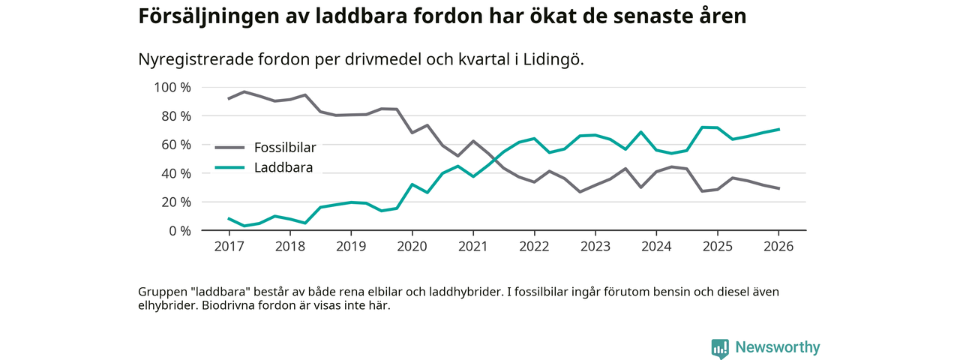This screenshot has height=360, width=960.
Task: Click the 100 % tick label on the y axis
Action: click(x=172, y=88)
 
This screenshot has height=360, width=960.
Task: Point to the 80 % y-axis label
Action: click(x=175, y=116)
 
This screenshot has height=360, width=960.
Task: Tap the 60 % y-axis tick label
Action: click(x=175, y=145)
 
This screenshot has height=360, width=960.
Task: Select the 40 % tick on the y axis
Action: click(x=175, y=173)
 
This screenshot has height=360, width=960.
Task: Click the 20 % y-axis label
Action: click(x=175, y=202)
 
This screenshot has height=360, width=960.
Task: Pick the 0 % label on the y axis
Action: click(x=178, y=230)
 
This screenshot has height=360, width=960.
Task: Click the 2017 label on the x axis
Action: click(x=228, y=247)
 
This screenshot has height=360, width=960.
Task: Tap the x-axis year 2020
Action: click(x=412, y=247)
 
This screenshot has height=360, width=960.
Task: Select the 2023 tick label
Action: click(x=595, y=247)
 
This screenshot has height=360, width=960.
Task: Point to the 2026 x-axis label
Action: click(x=778, y=247)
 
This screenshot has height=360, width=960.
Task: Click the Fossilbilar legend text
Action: click(x=285, y=147)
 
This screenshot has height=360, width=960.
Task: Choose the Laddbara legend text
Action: click(x=283, y=167)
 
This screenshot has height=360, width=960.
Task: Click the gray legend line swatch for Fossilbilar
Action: click(x=229, y=147)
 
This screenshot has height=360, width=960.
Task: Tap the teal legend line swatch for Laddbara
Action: click(x=229, y=167)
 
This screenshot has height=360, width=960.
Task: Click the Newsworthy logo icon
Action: click(x=720, y=348)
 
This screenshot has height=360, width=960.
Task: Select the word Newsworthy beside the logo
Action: click(x=777, y=348)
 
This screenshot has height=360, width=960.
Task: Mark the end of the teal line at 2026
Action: click(x=778, y=129)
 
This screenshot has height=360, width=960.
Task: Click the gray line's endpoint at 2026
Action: click(x=778, y=188)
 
